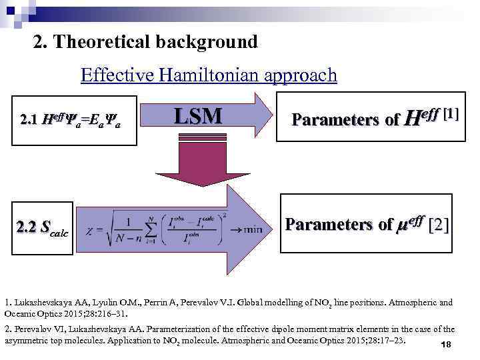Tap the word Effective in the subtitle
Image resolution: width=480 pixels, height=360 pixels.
click(116, 75)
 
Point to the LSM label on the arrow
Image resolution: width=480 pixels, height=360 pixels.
click(198, 117)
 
